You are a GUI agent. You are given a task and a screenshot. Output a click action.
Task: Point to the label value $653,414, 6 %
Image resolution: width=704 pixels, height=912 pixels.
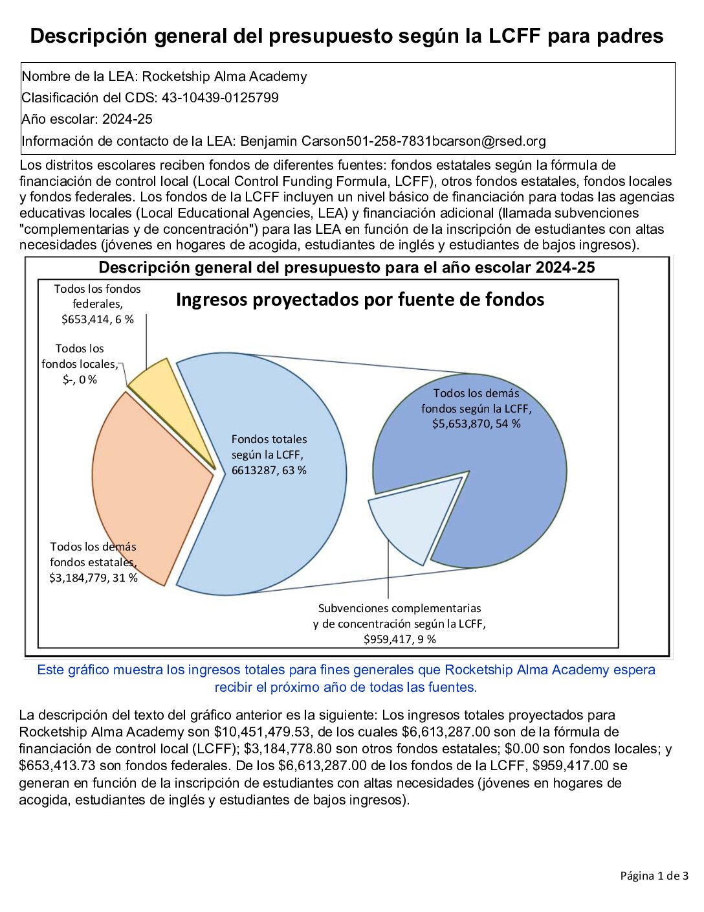[x=98, y=319]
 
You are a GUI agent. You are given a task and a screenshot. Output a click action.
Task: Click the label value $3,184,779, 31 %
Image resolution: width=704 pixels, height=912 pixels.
[x=93, y=578]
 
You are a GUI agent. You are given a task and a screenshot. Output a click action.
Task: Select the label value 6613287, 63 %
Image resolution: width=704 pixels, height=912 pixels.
[x=269, y=470]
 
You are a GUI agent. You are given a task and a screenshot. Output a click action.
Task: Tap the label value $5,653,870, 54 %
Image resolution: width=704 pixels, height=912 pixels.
[x=476, y=424]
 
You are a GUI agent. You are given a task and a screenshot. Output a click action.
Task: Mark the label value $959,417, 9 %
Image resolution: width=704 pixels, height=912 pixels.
[x=399, y=639]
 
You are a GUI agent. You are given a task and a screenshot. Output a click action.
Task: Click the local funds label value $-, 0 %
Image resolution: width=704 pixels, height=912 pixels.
[x=80, y=380]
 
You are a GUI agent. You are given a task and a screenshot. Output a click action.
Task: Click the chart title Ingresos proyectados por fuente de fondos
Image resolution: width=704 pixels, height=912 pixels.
[x=360, y=299]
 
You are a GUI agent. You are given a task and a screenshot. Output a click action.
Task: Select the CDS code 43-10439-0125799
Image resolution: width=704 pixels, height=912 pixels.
[x=220, y=98]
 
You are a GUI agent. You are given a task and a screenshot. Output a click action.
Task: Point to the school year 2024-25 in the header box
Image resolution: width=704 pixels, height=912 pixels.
[x=127, y=119]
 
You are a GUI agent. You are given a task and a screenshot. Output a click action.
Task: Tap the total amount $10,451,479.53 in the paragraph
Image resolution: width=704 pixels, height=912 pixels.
[x=270, y=732]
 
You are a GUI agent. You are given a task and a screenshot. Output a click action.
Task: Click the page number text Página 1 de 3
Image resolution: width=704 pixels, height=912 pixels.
[x=654, y=876]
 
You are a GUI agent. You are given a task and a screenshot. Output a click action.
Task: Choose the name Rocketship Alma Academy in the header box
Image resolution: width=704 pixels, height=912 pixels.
[x=225, y=76]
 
